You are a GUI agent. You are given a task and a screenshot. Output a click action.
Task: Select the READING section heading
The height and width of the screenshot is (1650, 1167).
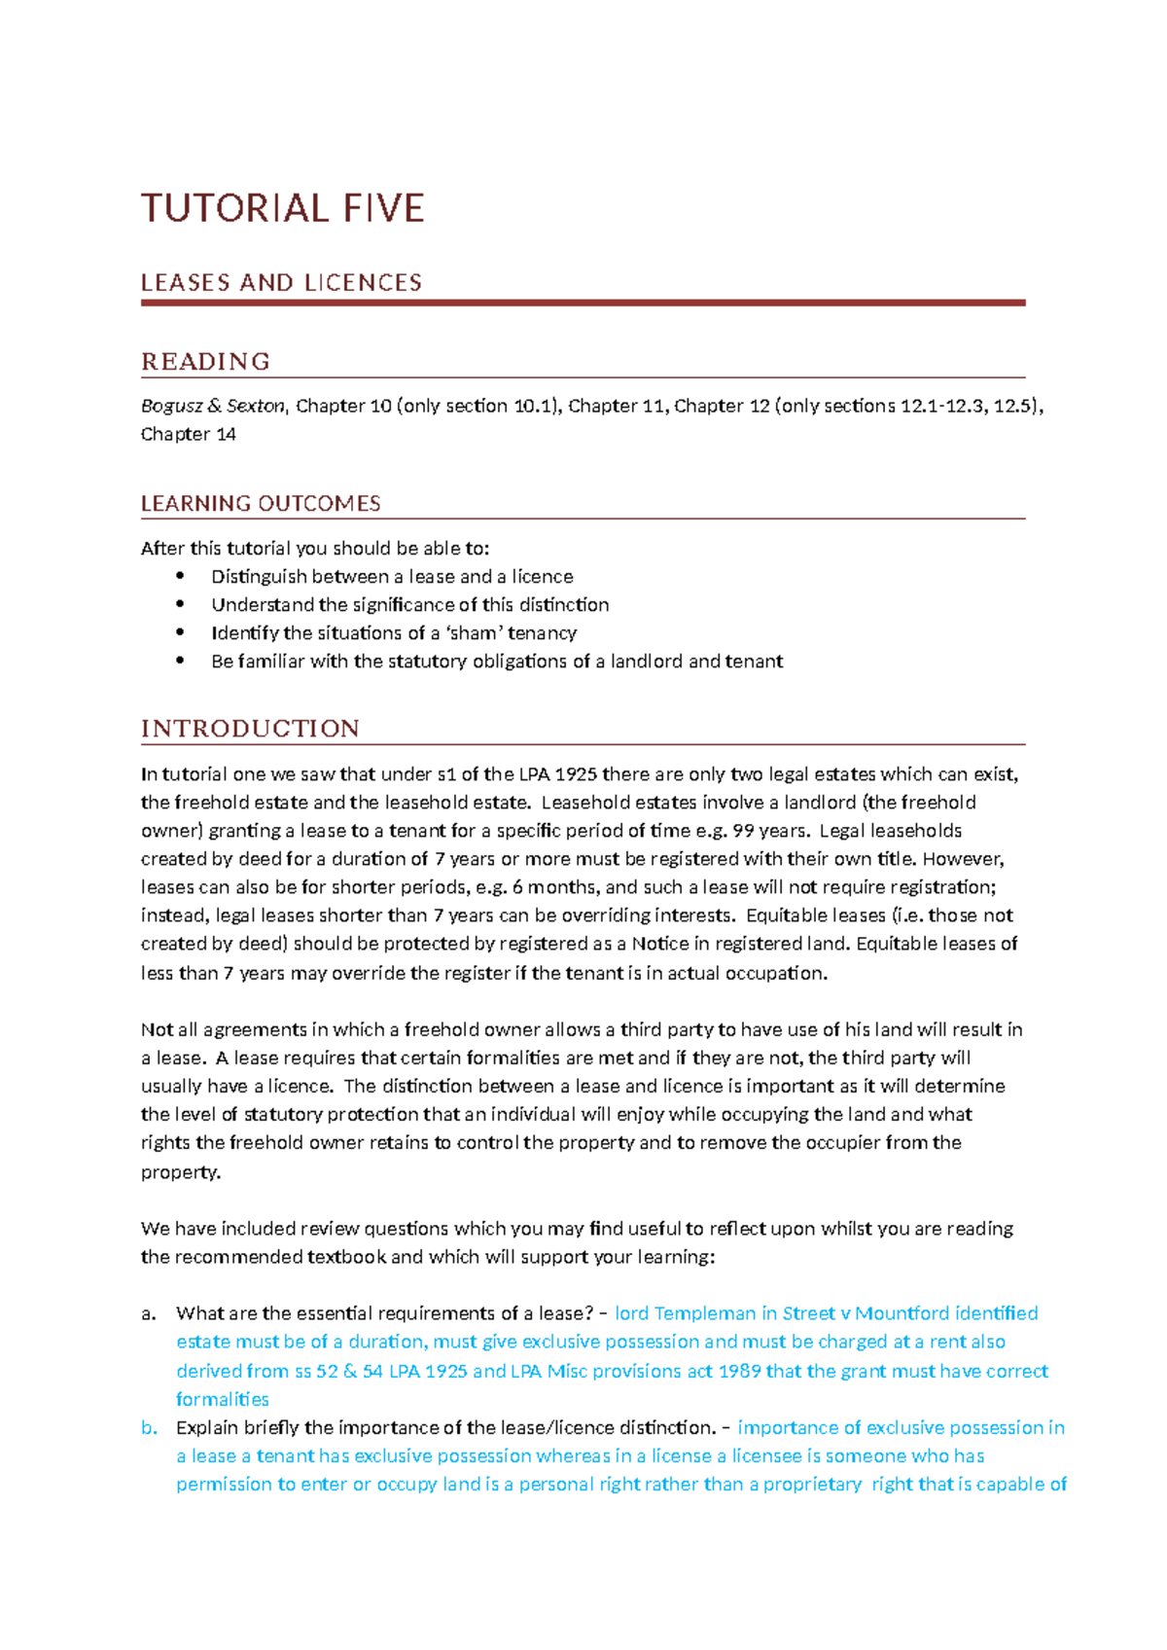click(205, 362)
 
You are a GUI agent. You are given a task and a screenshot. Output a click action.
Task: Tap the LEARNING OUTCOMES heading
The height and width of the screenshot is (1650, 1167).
click(261, 504)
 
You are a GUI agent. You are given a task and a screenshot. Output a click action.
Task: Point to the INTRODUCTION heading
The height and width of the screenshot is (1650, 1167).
click(250, 729)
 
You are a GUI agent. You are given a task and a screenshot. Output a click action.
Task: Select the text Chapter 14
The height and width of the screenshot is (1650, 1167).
click(188, 434)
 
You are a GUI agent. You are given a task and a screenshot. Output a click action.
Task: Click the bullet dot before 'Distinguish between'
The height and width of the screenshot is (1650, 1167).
click(180, 576)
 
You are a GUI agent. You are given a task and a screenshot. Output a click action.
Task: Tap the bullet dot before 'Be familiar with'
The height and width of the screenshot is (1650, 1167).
click(180, 661)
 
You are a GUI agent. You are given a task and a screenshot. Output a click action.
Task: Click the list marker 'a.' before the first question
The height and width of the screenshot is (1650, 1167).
click(148, 1313)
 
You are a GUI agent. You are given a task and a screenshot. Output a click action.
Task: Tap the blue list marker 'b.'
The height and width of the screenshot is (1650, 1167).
click(149, 1427)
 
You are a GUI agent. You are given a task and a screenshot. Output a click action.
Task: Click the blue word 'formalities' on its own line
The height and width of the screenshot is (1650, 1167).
click(222, 1399)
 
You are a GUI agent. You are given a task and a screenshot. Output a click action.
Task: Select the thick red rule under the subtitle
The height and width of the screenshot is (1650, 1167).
click(583, 303)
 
